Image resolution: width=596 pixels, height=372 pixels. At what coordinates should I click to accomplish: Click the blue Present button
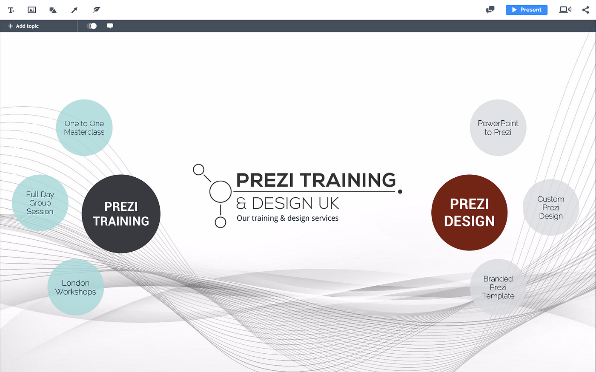click(x=526, y=10)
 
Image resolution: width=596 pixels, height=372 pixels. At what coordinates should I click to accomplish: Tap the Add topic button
click(x=23, y=26)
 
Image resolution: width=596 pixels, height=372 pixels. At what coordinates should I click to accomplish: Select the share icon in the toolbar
click(x=585, y=10)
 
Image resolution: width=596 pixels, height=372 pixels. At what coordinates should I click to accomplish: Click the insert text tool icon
click(x=11, y=10)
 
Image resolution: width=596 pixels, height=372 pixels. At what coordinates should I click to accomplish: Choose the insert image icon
click(x=32, y=10)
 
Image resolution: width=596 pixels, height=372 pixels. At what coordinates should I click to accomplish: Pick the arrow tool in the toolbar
click(x=74, y=10)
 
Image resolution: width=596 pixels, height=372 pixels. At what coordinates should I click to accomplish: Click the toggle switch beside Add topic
click(x=92, y=26)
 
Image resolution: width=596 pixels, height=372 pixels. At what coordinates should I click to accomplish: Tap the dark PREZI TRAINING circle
click(x=121, y=214)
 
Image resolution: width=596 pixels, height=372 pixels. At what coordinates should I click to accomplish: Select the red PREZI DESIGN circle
click(x=469, y=213)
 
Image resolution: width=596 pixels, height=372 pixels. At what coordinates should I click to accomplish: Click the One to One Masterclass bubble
click(x=84, y=128)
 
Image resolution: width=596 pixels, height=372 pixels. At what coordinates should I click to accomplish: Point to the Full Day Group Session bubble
click(x=40, y=203)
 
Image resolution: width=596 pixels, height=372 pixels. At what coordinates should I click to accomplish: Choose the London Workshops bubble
click(x=75, y=287)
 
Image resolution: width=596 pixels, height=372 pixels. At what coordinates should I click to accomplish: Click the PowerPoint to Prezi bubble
click(x=498, y=128)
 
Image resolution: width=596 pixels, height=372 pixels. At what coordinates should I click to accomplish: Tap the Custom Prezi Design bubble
click(x=550, y=207)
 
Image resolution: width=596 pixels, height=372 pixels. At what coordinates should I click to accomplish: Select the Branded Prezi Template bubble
click(x=498, y=287)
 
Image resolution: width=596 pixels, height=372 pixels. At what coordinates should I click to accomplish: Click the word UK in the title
click(x=329, y=204)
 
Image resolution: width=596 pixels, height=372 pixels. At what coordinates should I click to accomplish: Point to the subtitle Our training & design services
click(x=287, y=218)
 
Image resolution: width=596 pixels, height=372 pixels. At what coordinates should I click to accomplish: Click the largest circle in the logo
click(x=221, y=191)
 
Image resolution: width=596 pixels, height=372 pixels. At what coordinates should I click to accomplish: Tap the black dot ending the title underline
click(x=400, y=192)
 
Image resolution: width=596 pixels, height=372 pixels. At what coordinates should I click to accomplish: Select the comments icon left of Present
click(x=490, y=10)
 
